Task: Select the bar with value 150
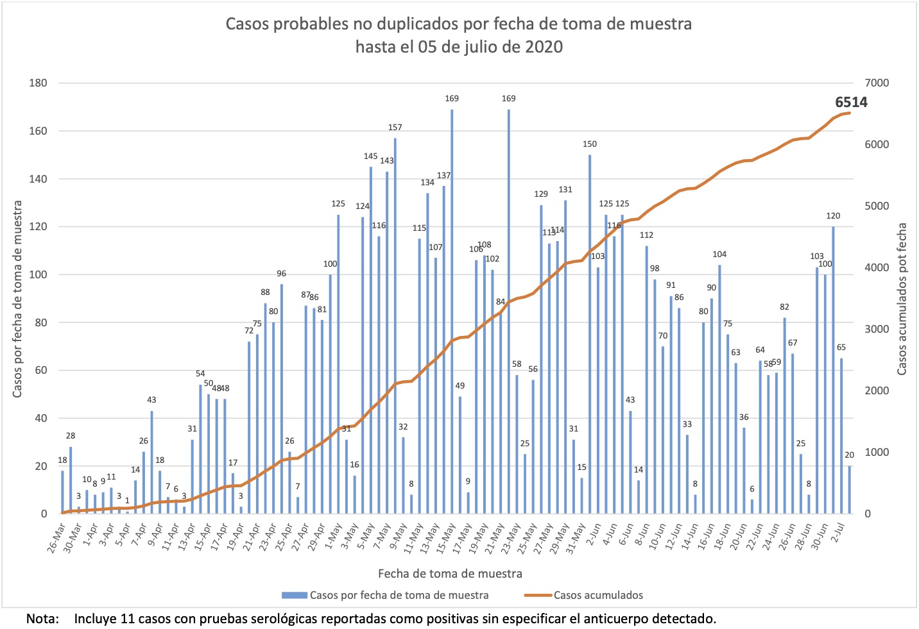[590, 334]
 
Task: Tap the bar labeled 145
[371, 340]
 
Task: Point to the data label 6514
[851, 103]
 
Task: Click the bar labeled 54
[200, 449]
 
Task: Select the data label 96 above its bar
[281, 274]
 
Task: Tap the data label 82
[784, 307]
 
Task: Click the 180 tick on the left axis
[39, 83]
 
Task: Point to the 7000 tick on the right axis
[877, 83]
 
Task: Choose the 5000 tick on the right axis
[877, 206]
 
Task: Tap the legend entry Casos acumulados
[597, 595]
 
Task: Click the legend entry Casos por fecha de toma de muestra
[399, 595]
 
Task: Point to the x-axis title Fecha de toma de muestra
[450, 574]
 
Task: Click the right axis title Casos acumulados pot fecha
[902, 299]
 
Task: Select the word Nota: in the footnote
[42, 619]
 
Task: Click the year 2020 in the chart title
[544, 47]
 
